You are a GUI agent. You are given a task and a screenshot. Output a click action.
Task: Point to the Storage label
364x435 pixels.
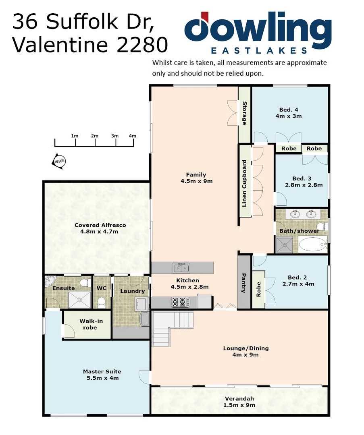pyautogui.click(x=244, y=113)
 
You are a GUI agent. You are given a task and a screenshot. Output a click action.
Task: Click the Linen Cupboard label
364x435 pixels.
pyautogui.click(x=244, y=184)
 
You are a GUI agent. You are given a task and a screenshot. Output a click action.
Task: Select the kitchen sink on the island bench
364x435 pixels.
pyautogui.click(x=182, y=267)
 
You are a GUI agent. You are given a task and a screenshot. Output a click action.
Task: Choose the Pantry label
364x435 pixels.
pyautogui.click(x=243, y=283)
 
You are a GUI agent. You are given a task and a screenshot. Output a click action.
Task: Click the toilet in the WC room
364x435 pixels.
pyautogui.click(x=102, y=301)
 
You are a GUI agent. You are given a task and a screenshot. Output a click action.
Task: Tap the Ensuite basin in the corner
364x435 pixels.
pyautogui.click(x=50, y=280)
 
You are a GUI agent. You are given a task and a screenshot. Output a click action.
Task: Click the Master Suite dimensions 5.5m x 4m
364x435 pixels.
pyautogui.click(x=102, y=378)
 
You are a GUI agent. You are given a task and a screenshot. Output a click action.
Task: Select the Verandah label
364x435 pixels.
pyautogui.click(x=239, y=399)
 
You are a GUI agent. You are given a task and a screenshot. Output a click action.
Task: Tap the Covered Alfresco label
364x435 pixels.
pyautogui.click(x=100, y=225)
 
